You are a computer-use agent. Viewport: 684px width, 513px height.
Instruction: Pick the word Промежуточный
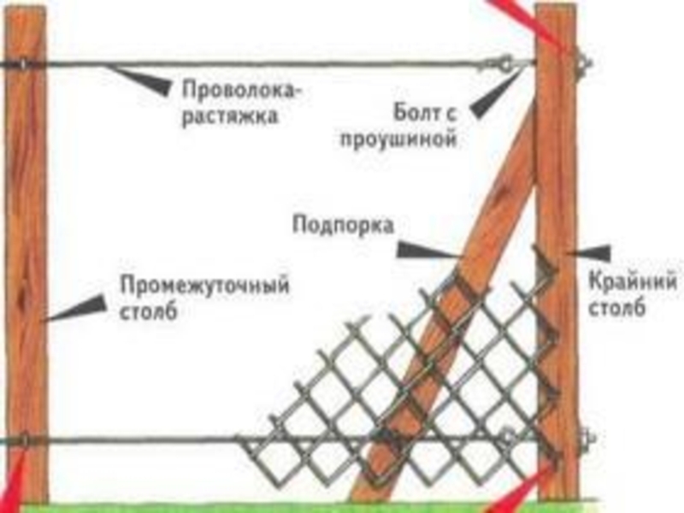[204, 285]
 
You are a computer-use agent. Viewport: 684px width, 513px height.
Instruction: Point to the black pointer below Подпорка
[423, 251]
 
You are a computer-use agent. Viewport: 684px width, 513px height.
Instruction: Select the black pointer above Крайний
[590, 253]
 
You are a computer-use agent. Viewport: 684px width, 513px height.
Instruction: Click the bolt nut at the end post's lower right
[587, 440]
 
